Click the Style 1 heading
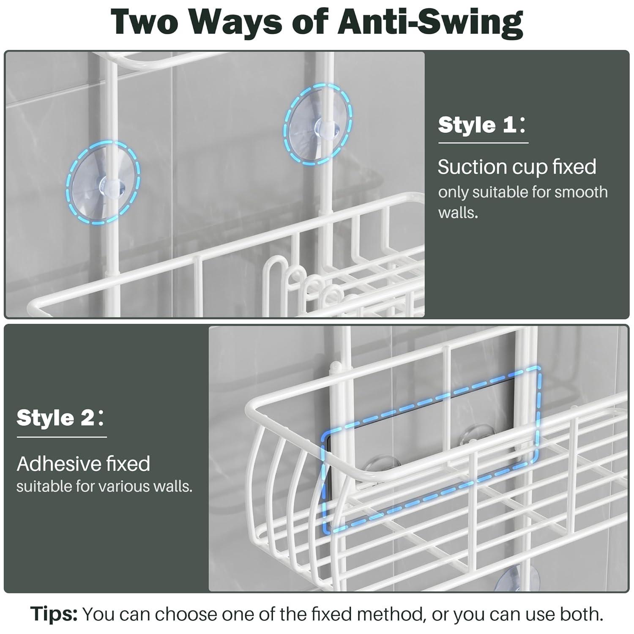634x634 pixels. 482,125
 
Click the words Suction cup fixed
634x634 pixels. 516,167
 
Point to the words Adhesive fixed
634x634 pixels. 83,464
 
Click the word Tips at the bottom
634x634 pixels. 54,614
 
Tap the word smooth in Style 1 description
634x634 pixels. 581,192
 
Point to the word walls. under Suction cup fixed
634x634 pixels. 458,212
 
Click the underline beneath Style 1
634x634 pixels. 483,143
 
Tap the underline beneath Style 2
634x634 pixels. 62,437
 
